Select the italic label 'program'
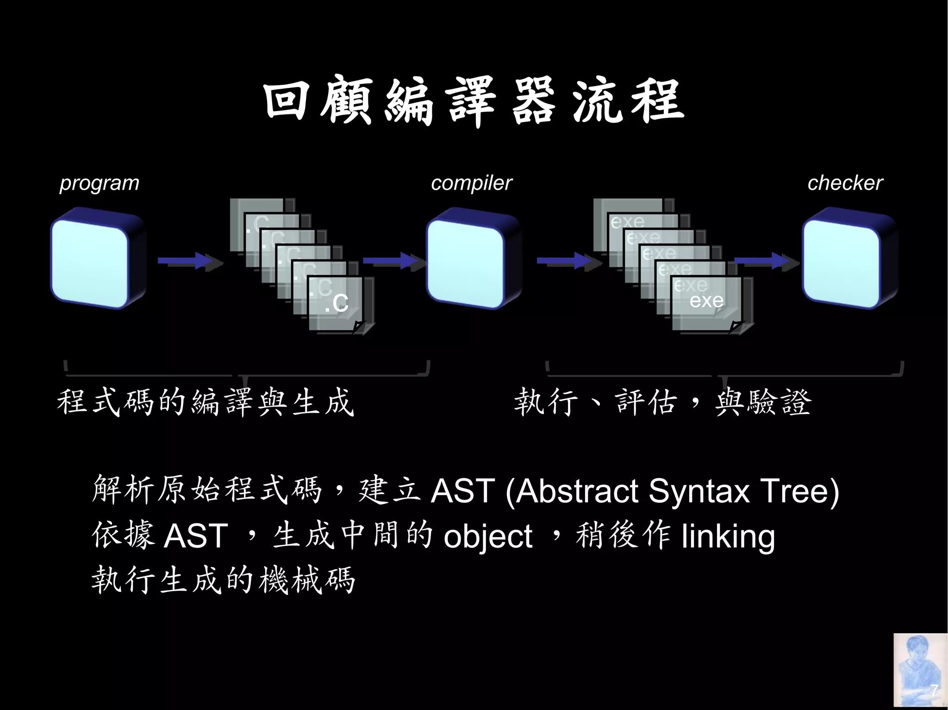tap(99, 183)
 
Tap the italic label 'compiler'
tap(471, 183)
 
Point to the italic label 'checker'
tap(845, 183)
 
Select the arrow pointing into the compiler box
tap(393, 261)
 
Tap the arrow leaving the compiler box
tap(568, 261)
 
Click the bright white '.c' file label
tap(337, 303)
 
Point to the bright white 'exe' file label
tap(706, 301)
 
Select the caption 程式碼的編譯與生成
tap(205, 401)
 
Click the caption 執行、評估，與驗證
tap(663, 401)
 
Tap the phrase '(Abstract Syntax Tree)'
tap(672, 491)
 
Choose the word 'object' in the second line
tap(488, 537)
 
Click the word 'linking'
tap(728, 537)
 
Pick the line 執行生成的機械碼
tap(223, 580)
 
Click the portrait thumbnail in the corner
tap(920, 671)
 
